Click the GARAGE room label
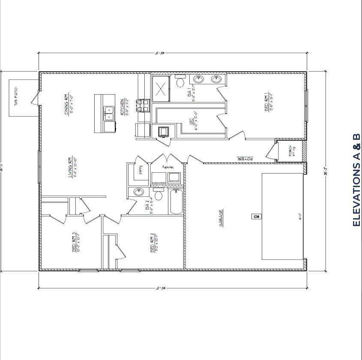[x=221, y=217]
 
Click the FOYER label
[x=245, y=159]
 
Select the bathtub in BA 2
[x=176, y=201]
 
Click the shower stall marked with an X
[x=161, y=89]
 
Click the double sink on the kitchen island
[x=109, y=113]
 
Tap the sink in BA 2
[x=139, y=192]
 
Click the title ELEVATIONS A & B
[x=356, y=180]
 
